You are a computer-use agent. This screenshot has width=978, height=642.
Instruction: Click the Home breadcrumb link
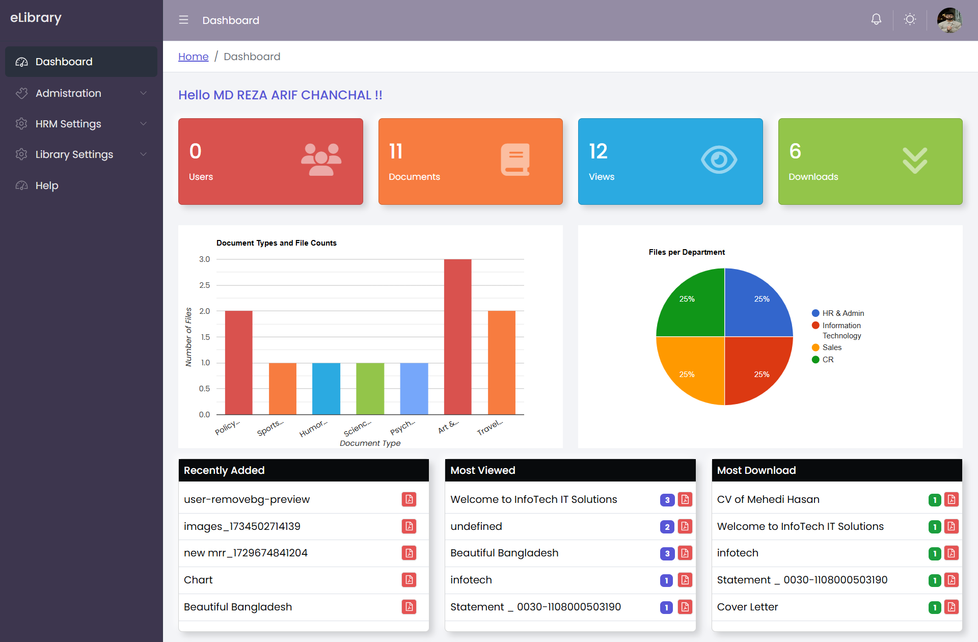[193, 57]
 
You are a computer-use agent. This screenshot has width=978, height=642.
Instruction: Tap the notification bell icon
[876, 19]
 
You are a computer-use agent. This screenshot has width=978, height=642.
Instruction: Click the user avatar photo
[949, 20]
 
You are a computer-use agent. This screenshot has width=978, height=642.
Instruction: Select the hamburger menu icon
[183, 20]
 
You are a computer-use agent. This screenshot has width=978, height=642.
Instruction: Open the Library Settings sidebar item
[74, 154]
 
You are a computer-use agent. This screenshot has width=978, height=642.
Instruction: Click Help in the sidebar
[47, 185]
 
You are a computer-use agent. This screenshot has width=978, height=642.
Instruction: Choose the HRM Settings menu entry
[68, 124]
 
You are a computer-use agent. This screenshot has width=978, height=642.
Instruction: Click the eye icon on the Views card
[719, 160]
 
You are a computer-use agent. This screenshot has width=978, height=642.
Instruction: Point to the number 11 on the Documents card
[396, 151]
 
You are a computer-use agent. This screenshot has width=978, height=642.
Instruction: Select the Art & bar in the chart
[457, 336]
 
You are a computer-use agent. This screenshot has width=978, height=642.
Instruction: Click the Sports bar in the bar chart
[283, 388]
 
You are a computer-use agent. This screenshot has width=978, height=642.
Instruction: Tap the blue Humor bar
[326, 388]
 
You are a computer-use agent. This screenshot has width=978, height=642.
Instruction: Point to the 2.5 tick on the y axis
[204, 285]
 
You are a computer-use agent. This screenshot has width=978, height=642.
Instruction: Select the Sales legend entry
[832, 347]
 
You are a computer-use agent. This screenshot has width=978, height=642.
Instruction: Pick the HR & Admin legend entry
[843, 313]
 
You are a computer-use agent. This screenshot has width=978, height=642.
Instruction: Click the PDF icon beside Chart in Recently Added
[409, 580]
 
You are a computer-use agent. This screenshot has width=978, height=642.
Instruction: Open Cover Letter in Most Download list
[747, 607]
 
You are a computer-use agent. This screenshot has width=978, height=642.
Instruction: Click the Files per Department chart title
[687, 252]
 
